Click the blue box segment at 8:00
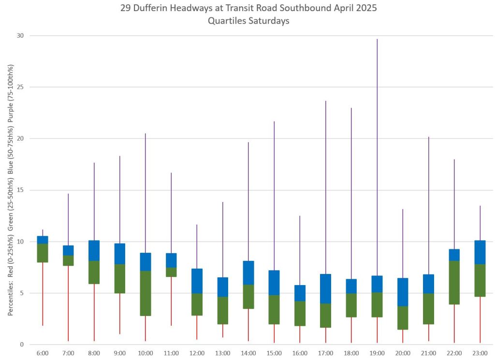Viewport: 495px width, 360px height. coord(94,250)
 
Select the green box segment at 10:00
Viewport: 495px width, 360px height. coord(146,293)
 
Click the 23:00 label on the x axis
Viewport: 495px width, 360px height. coord(480,353)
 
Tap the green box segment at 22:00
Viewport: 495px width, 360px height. coord(454,282)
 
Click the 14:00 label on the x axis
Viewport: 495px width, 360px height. coord(248,353)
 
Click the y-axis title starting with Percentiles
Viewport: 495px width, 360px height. coord(11,190)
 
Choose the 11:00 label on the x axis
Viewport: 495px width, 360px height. coord(171,353)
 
